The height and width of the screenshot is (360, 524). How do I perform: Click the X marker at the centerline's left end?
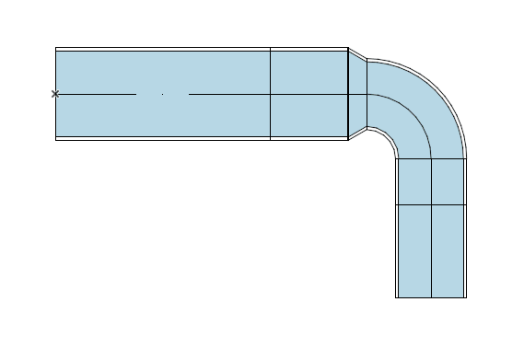pos(55,94)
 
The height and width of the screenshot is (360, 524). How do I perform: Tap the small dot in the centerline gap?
pos(163,94)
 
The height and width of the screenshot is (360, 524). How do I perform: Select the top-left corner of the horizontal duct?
pos(56,48)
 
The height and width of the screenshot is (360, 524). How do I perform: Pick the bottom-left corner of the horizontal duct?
pos(56,139)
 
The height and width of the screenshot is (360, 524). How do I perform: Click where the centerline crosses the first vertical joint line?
pos(270,94)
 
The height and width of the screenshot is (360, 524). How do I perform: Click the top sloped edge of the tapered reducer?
pos(357,54)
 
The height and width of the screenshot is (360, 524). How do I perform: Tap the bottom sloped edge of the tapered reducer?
pos(357,134)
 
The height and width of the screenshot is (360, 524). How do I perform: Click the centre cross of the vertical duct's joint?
pos(431,204)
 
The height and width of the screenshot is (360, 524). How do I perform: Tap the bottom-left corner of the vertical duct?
pos(396,297)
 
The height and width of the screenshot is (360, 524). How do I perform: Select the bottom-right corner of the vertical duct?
pos(466,297)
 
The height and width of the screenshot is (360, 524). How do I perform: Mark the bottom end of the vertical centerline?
pos(431,297)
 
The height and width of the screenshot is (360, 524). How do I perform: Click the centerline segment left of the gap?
pos(97,94)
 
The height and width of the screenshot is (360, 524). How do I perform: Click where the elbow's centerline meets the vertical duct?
pos(431,158)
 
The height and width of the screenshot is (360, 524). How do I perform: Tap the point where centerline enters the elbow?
pos(367,94)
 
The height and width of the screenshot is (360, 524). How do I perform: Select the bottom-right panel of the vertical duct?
pos(448,250)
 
